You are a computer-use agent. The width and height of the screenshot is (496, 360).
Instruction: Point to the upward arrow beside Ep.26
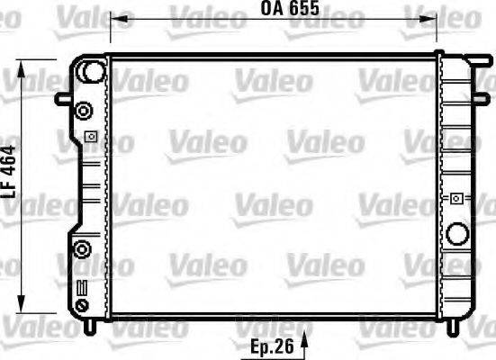tap(303, 342)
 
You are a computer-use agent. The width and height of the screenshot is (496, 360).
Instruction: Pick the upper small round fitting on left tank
tap(84, 112)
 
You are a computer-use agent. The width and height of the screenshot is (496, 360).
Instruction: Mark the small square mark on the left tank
tap(90, 137)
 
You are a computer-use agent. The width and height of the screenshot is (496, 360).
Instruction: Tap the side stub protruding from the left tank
tap(64, 99)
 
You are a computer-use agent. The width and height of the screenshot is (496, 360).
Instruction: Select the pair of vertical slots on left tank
tap(83, 290)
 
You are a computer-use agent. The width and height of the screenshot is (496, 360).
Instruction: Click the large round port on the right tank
tap(459, 234)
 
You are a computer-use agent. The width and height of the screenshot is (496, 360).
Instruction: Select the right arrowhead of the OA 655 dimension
tap(434, 16)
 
